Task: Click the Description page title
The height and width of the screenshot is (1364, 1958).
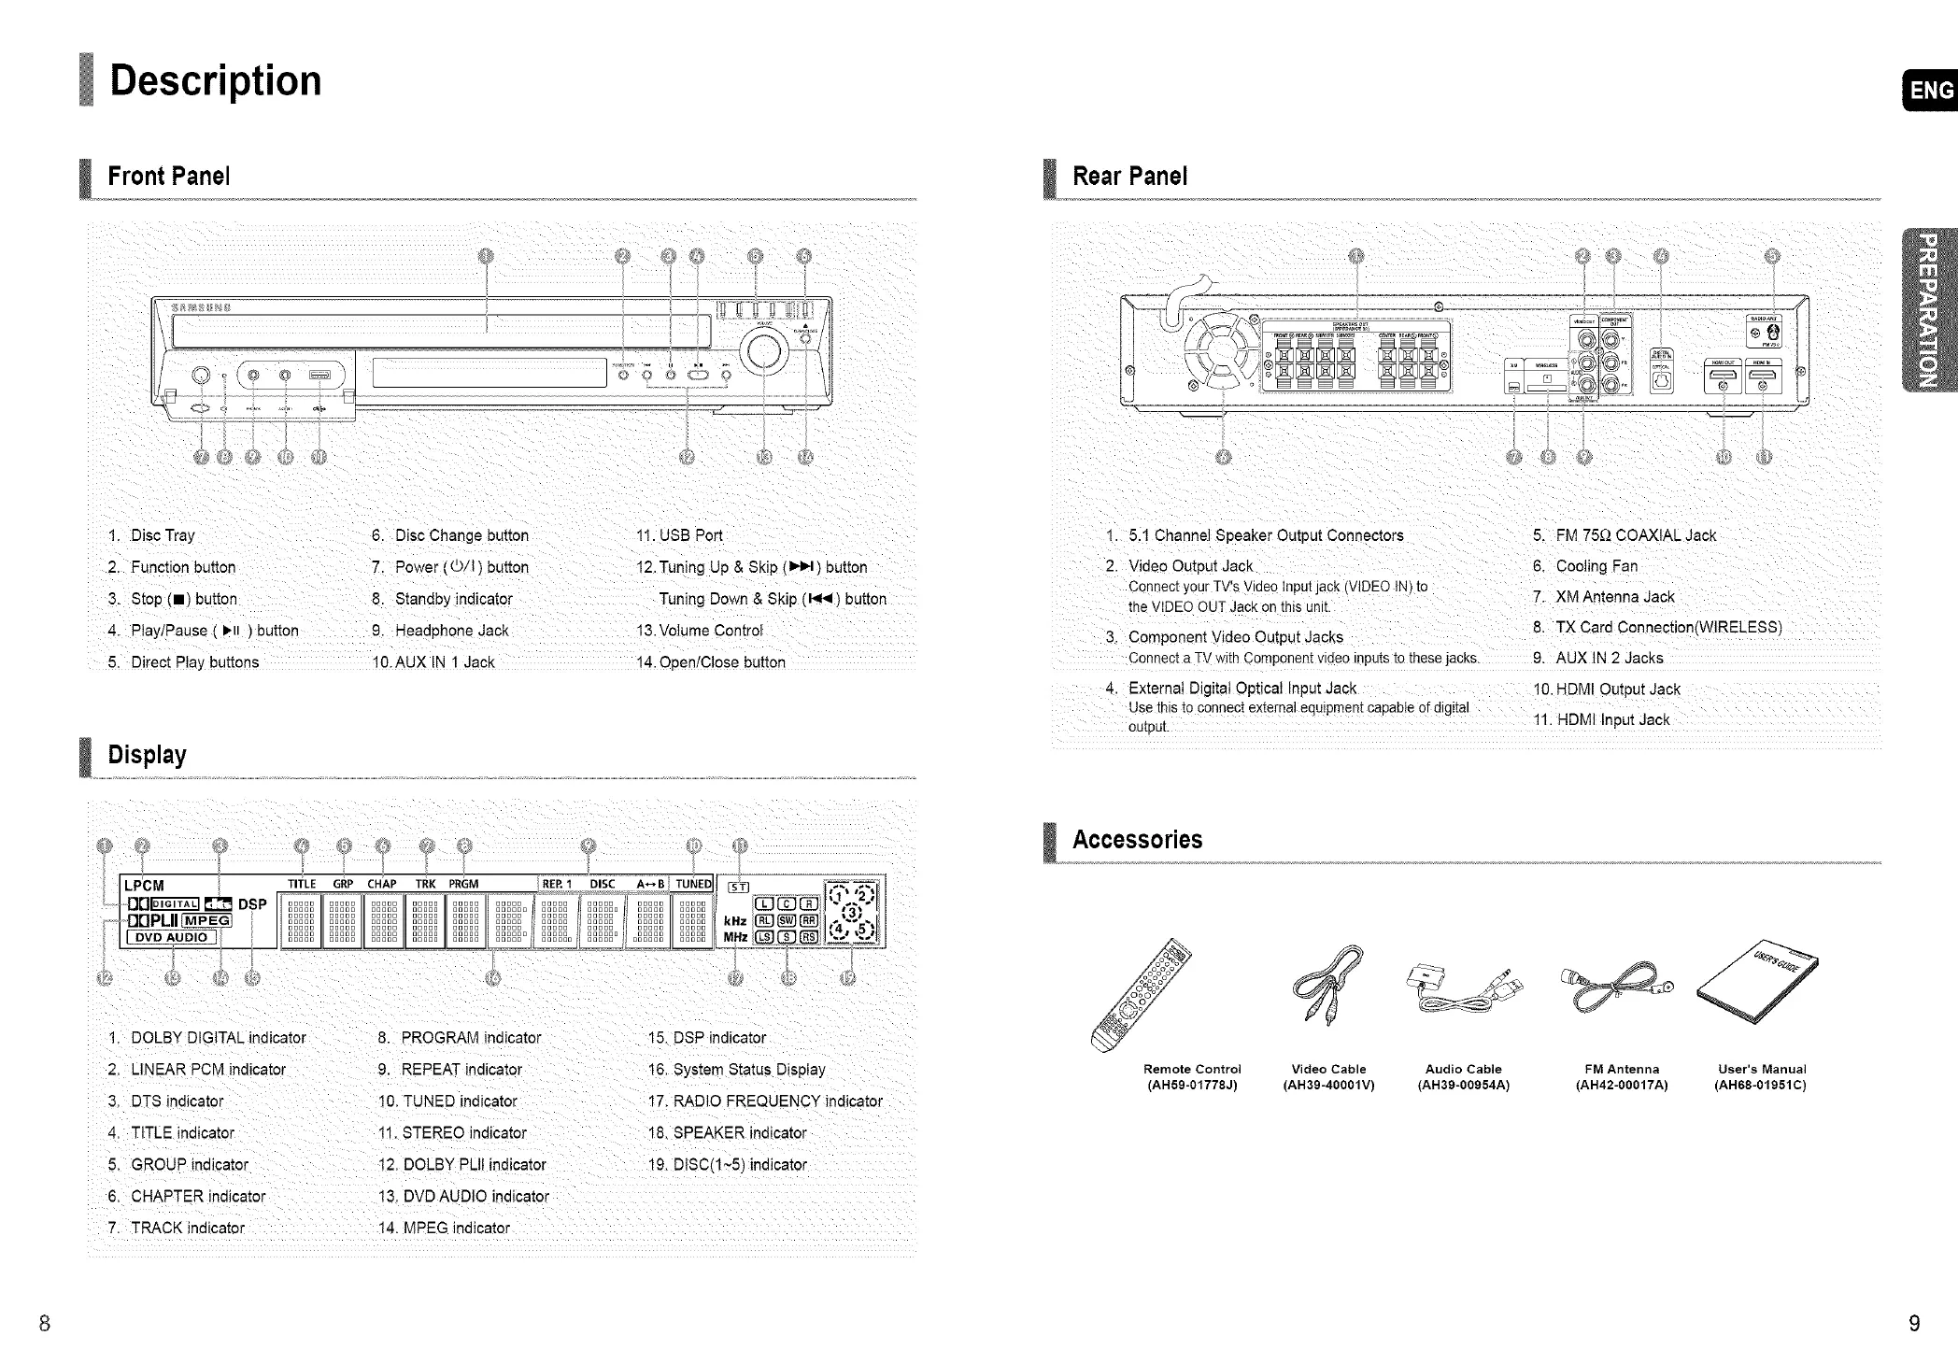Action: pos(215,81)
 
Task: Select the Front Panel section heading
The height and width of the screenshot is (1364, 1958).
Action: pos(168,176)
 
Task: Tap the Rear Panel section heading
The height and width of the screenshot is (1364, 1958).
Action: pos(1129,176)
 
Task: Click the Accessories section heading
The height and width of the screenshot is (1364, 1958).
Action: pos(1137,839)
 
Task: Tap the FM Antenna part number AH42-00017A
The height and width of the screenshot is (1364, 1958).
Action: pos(1621,1085)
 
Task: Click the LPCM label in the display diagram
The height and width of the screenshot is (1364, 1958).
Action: pos(144,885)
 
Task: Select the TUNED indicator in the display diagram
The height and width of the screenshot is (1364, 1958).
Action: pos(693,884)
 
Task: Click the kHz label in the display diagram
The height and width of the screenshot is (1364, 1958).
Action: pos(735,920)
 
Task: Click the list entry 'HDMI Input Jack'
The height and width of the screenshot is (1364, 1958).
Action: pos(1612,719)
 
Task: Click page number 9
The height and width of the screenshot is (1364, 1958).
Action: pos(1914,1323)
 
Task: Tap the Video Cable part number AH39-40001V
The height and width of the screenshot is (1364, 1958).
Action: pos(1328,1085)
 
